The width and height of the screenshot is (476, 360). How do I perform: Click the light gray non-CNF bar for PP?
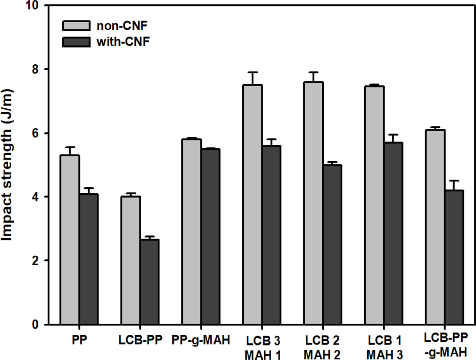[70, 240]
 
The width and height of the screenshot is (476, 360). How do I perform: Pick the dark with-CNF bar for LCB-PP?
[148, 282]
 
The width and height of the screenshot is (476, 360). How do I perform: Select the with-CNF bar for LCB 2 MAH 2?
[330, 244]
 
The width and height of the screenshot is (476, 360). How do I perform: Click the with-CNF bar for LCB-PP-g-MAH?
[453, 257]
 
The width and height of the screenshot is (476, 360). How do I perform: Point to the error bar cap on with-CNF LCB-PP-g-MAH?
[453, 180]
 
